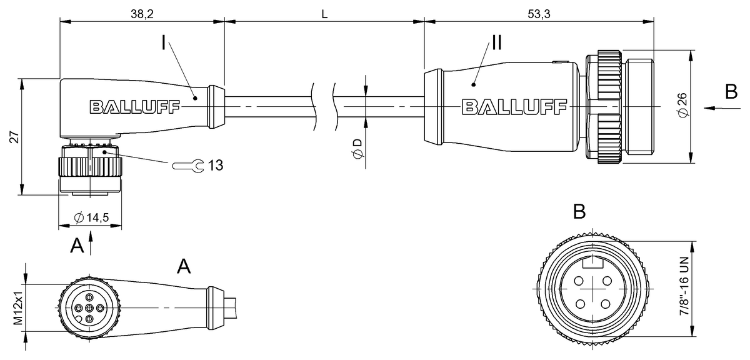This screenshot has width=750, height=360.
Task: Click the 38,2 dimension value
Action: tap(142, 14)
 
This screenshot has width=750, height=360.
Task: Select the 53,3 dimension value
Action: tap(539, 14)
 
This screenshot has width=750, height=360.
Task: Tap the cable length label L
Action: tap(324, 14)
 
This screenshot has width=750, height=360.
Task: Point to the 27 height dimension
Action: tap(14, 137)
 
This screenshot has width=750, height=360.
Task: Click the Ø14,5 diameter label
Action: tap(91, 217)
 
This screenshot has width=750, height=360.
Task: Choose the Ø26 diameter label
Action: tap(682, 105)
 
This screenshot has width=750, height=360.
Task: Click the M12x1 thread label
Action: tap(17, 307)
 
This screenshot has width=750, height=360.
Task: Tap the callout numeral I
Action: tap(163, 43)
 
